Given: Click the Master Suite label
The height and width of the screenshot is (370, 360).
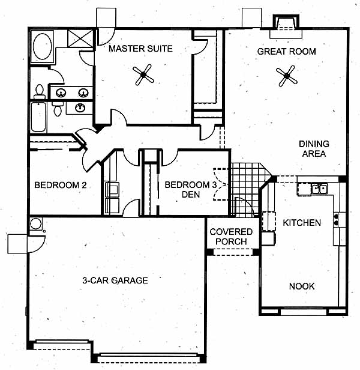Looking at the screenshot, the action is pos(140,49).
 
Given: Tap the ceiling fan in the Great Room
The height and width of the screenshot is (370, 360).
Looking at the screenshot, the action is pos(287,76).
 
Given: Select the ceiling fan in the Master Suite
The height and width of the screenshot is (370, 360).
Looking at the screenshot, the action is pos(143,75).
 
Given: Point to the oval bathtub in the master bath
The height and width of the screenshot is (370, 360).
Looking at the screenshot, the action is pos(43,46).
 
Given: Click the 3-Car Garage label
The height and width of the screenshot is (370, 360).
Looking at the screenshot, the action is pos(115,281).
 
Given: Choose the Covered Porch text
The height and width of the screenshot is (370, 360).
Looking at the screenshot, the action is pos(231,237).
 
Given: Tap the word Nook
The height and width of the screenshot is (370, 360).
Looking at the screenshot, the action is pos(302,287).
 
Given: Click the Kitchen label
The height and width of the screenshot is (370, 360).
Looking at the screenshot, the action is pos(302,223).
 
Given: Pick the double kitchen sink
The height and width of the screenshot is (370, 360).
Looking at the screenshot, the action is pos(319,189).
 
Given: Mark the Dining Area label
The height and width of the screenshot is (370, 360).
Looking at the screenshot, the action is pos(314,149).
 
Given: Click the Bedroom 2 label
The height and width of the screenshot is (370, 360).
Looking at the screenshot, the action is pos(61,185).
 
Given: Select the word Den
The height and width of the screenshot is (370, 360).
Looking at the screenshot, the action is pos(191,195).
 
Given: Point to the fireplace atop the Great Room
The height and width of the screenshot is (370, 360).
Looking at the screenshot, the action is pos(286,26).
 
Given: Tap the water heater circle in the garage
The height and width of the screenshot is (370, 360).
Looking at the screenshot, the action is pos(36,223).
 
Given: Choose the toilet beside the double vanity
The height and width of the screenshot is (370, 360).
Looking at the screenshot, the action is pos(40,92).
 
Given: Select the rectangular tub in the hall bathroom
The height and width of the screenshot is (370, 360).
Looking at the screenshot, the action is pos(38,117).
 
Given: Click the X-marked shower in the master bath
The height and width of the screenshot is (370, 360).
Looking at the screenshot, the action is pos(80,38).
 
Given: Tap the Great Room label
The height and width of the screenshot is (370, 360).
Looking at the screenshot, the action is pos(286,52).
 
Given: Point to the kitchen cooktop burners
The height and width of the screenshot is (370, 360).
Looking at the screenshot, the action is pos(336,219).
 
